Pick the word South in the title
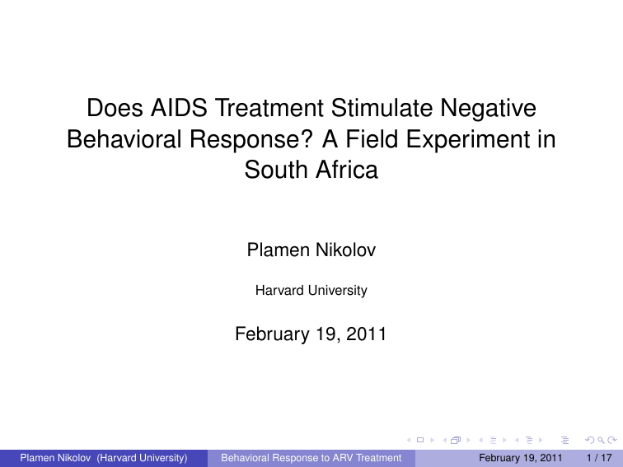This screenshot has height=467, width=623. click(274, 170)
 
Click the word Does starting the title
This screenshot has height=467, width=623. click(115, 108)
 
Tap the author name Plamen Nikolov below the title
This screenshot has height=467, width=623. click(311, 250)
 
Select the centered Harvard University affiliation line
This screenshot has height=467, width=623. click(311, 290)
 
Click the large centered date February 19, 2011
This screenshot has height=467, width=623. click(311, 334)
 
